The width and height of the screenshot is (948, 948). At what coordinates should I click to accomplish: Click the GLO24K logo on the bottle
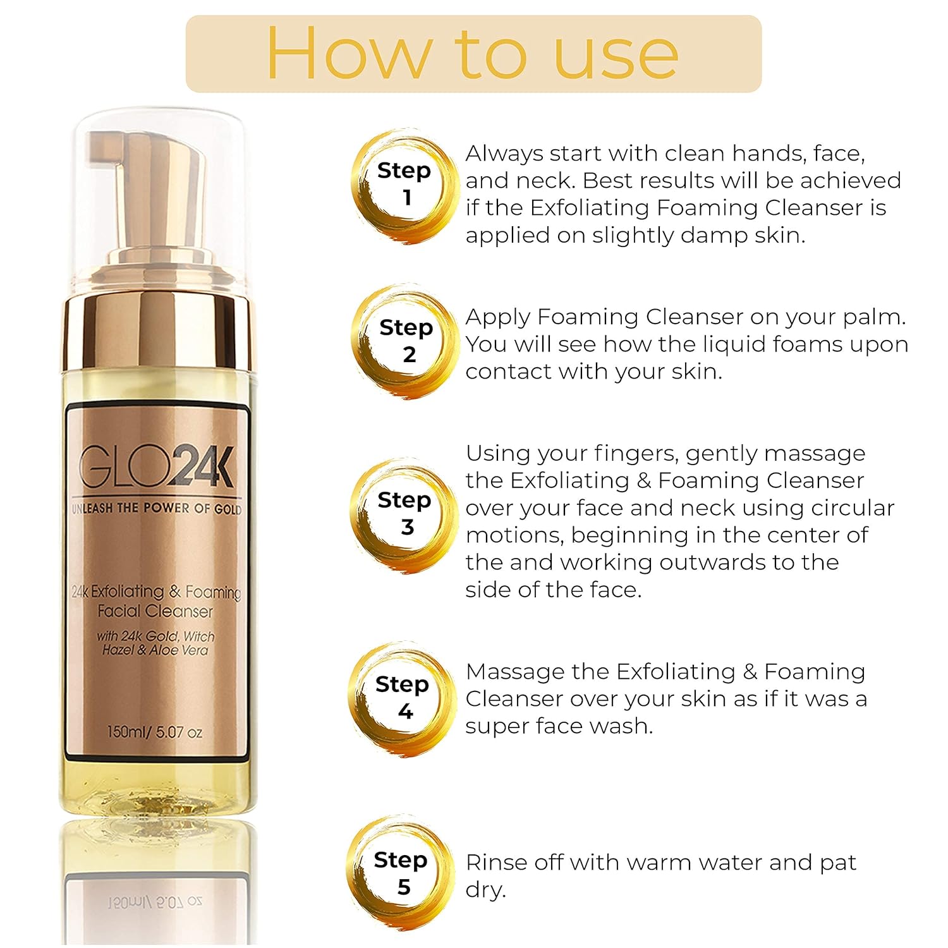(156, 467)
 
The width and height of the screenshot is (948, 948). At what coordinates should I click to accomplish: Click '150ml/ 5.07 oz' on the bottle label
(155, 732)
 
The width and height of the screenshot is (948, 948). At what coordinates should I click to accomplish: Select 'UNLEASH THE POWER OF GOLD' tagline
(156, 508)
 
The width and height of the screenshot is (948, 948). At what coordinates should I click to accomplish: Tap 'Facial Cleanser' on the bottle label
(155, 611)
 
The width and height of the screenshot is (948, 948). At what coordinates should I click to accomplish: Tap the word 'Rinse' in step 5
(496, 862)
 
